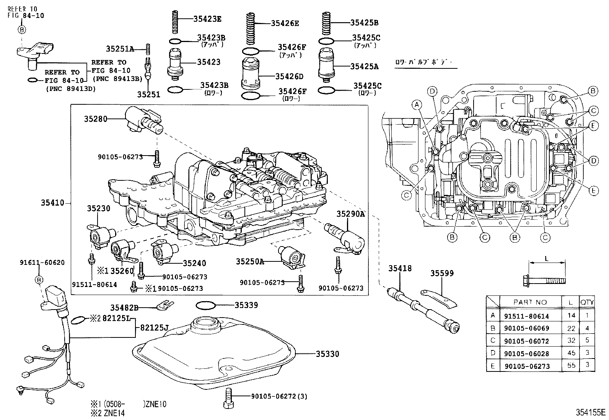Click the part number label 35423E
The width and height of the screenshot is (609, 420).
(207, 19)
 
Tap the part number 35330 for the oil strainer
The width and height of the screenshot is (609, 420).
(327, 354)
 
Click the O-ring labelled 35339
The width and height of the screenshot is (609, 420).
(205, 305)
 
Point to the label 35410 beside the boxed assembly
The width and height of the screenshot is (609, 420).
(52, 203)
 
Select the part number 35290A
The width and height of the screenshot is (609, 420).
(350, 214)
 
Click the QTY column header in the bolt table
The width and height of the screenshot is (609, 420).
(587, 302)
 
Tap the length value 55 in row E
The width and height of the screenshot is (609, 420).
(571, 365)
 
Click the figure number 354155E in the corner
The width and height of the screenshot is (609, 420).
(591, 412)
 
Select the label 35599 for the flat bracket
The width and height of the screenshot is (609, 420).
(442, 273)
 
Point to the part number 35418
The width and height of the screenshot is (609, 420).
(400, 269)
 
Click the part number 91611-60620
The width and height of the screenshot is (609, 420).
(42, 263)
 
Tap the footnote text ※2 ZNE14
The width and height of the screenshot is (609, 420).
(107, 413)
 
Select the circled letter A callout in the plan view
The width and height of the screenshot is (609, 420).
(417, 104)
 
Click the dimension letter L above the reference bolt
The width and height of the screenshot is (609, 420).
(546, 258)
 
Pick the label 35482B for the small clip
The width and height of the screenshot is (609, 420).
(124, 307)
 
